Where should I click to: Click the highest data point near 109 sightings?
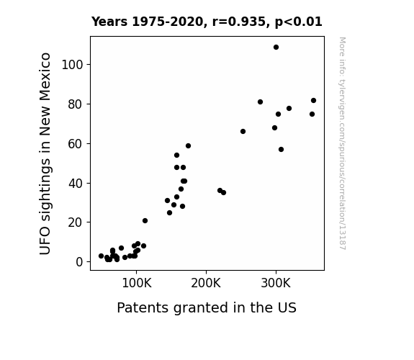point(276,48)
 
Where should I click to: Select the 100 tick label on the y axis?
point(72,65)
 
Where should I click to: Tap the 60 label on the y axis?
point(76,144)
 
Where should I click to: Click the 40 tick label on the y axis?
point(76,184)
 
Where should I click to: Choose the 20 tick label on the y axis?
point(76,222)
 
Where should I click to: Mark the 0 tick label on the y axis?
point(79,262)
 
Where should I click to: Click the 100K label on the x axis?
point(137,283)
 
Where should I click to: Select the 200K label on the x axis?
point(206,283)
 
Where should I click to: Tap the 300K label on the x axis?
point(276,283)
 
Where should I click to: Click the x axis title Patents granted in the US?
point(207,308)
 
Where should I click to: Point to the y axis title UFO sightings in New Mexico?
point(45,153)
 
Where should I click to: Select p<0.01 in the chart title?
point(299,22)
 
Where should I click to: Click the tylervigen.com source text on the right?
point(342,144)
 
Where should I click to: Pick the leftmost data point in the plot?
point(101,256)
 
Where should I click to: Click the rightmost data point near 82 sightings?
point(313,100)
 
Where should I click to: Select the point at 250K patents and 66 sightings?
point(243,131)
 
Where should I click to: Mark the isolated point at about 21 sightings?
point(145,220)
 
